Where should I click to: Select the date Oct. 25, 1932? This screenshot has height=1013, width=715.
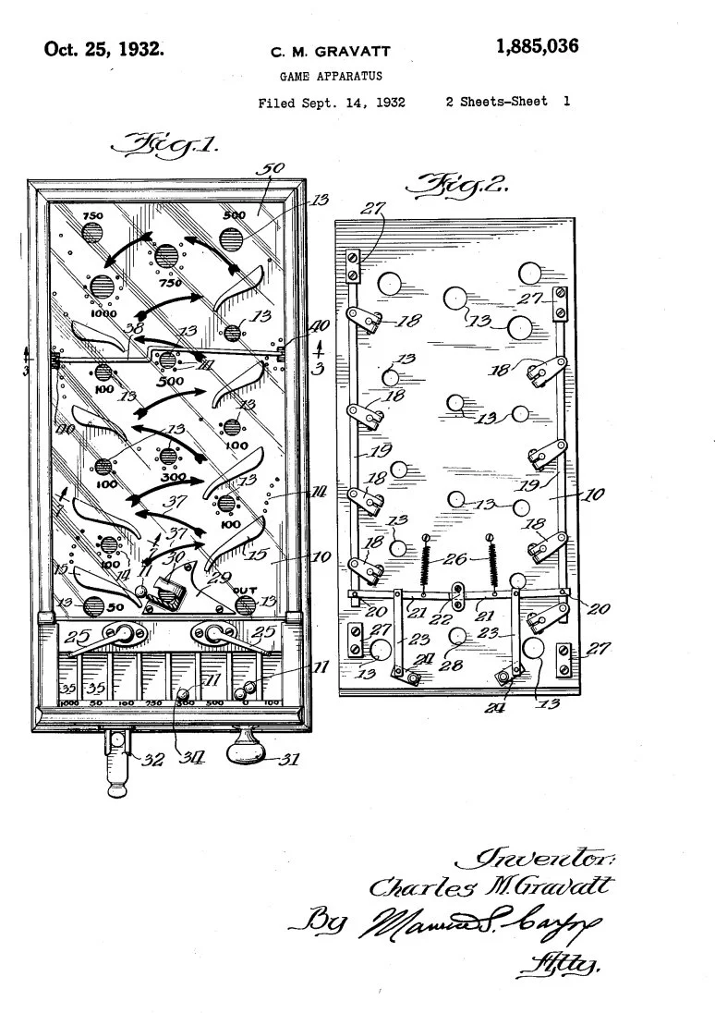(104, 48)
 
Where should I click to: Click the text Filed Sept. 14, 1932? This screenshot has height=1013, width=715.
(332, 103)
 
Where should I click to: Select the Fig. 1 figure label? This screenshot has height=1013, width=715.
(163, 146)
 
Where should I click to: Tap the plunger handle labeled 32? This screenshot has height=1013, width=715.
(118, 767)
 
